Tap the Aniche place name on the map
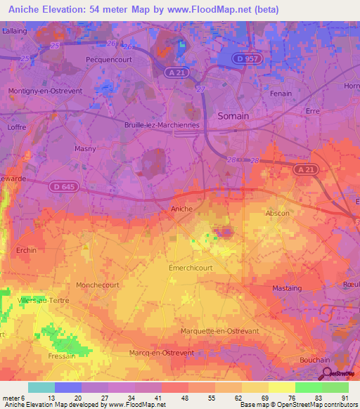[x=181, y=209]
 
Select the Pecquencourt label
[x=105, y=60]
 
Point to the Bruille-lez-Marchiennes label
[x=162, y=125]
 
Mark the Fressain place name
[x=63, y=356]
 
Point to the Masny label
[x=85, y=149]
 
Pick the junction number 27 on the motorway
[x=200, y=89]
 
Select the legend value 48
[x=165, y=398]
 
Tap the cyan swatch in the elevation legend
[x=41, y=387]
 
